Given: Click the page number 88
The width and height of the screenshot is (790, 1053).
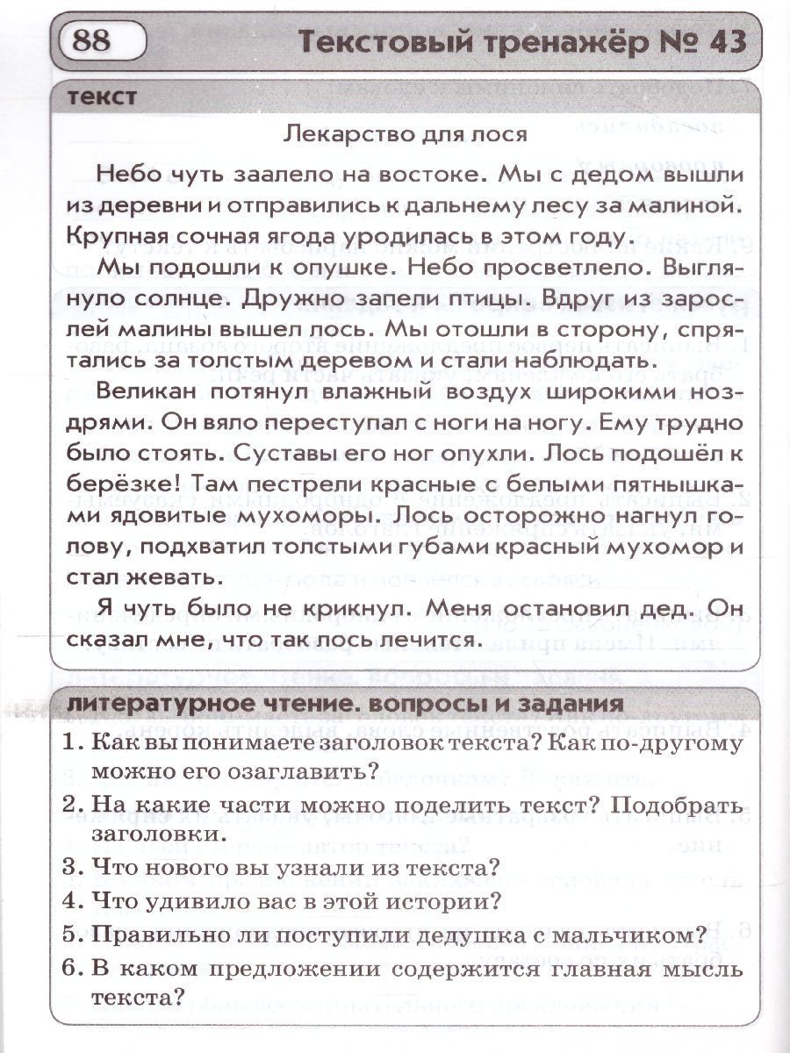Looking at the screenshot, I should coord(91,41).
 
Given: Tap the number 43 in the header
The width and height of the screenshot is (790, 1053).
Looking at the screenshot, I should coord(720,41).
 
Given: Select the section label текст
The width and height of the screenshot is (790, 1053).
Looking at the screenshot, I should coord(103,97).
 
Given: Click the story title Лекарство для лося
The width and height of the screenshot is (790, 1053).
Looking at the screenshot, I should coord(406,134).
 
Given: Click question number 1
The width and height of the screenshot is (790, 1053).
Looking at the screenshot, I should coord(73,742).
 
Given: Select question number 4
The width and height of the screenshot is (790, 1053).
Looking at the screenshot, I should coord(73,900).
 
